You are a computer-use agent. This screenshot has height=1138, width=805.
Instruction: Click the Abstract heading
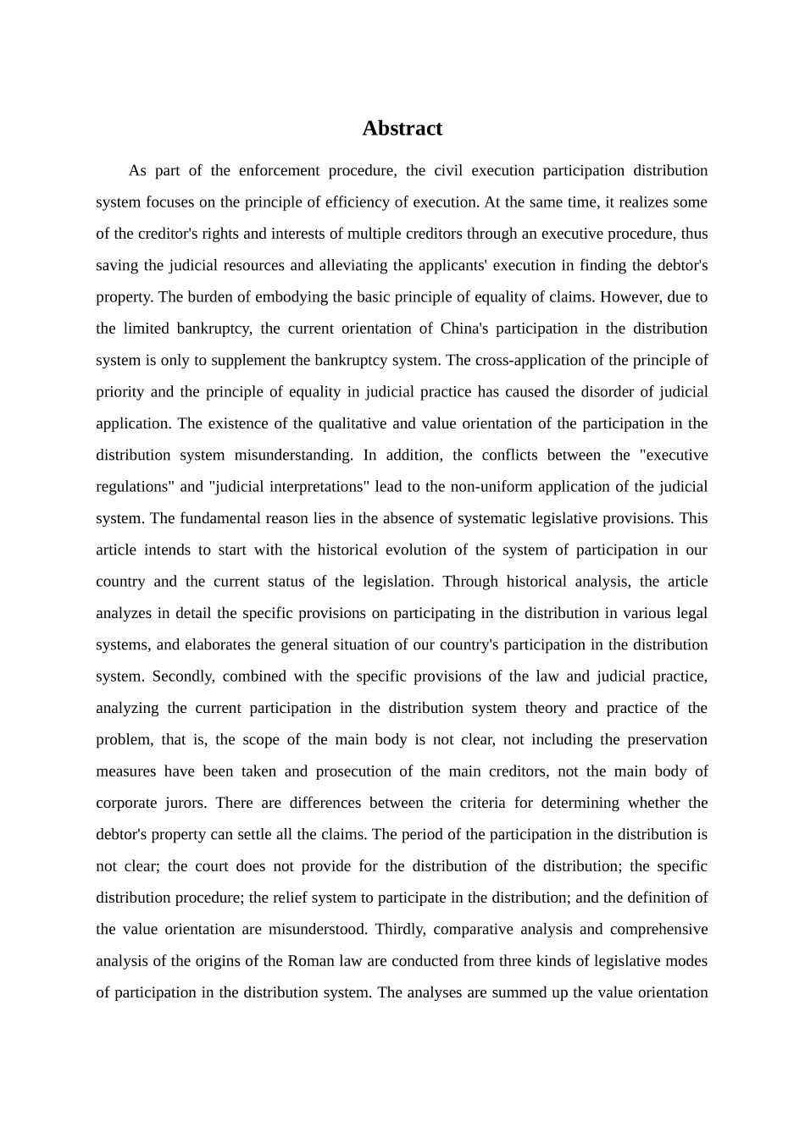coord(402,129)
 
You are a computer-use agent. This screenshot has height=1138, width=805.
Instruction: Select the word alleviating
coord(353,265)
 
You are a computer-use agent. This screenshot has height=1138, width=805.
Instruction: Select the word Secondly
coord(183,677)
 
